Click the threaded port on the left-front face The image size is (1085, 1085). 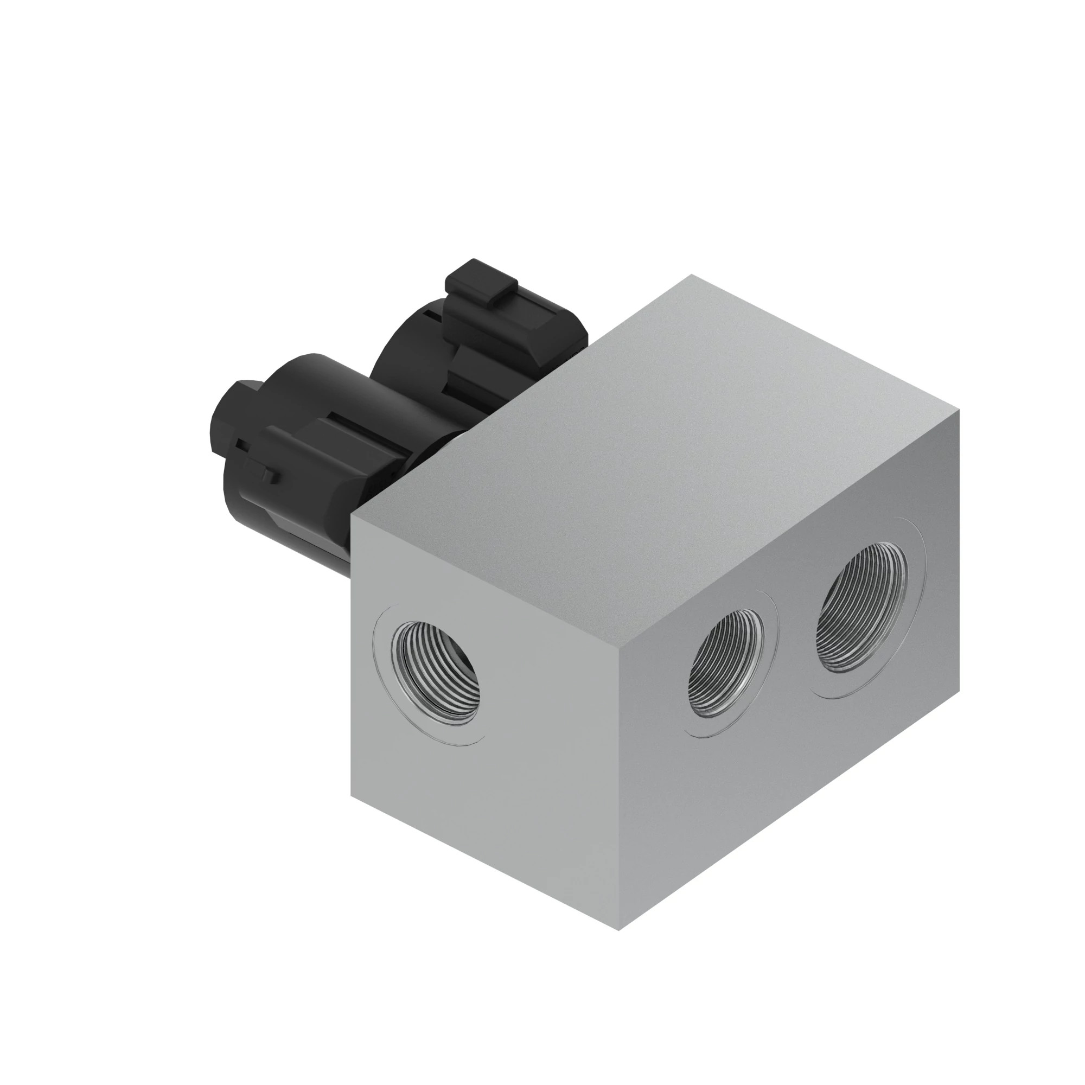click(x=435, y=672)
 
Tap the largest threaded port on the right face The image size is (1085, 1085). click(x=861, y=608)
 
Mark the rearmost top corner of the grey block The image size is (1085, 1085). click(x=691, y=275)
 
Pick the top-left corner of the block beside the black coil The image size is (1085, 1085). click(x=352, y=515)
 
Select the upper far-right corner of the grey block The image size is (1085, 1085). click(x=959, y=411)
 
